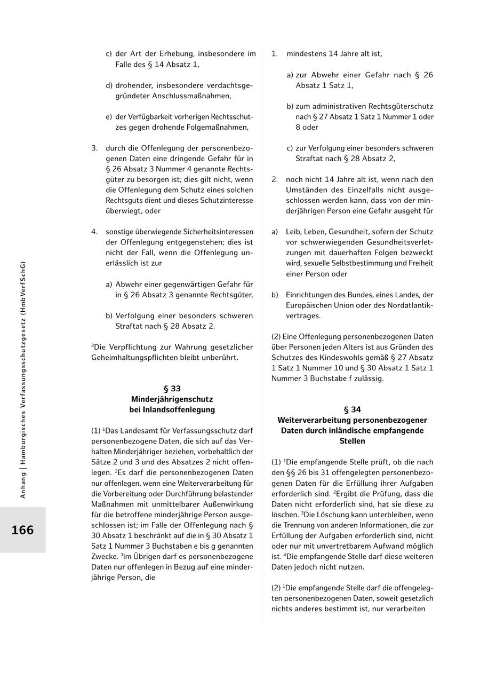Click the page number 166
click(x=22, y=530)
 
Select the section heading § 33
click(x=172, y=389)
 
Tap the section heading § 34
click(x=352, y=409)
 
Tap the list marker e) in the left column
click(x=109, y=117)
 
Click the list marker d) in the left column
click(x=109, y=85)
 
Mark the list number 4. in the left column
click(x=94, y=232)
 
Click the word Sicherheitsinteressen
click(x=218, y=232)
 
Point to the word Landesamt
click(x=140, y=431)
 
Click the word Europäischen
click(x=309, y=305)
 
